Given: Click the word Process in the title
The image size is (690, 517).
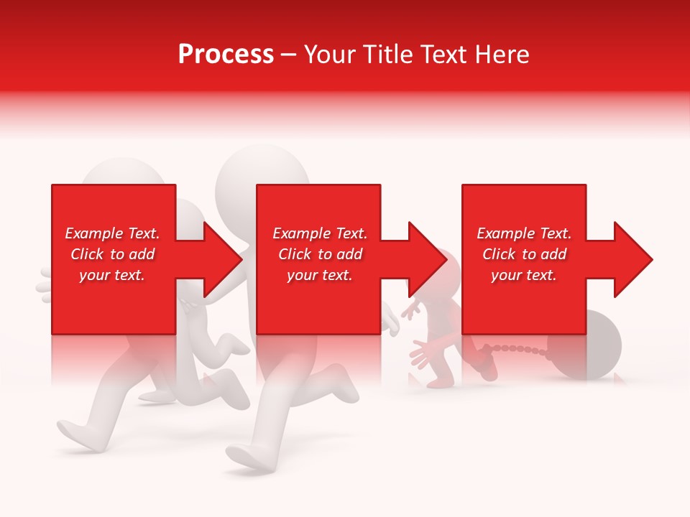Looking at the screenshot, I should [226, 55].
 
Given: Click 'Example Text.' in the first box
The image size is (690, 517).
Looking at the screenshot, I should [112, 233].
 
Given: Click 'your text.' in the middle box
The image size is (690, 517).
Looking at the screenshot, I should [319, 275].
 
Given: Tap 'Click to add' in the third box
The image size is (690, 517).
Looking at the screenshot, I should [524, 254].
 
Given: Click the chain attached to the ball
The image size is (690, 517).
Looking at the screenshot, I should [522, 350].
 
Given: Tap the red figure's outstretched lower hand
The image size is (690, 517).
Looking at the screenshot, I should [423, 354].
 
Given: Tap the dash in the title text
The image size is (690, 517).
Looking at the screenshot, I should [288, 55].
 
